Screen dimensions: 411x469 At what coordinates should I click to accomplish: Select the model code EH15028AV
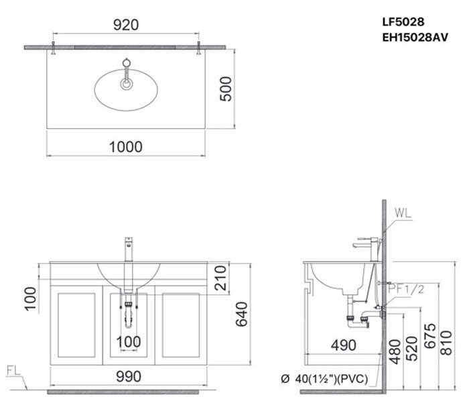pyautogui.click(x=415, y=38)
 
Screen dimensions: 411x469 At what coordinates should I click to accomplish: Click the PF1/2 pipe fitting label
pyautogui.click(x=407, y=289)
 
